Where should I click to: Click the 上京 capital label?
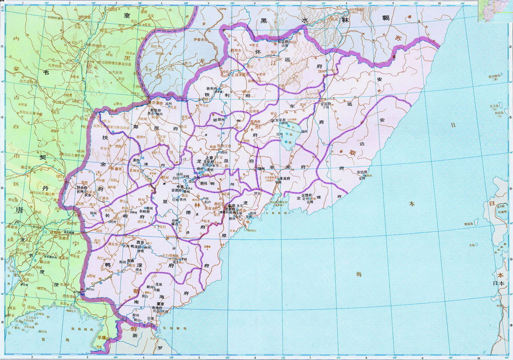click(209, 158)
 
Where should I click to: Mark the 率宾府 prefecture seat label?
click(285, 178)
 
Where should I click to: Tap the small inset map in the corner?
click(495, 11)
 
